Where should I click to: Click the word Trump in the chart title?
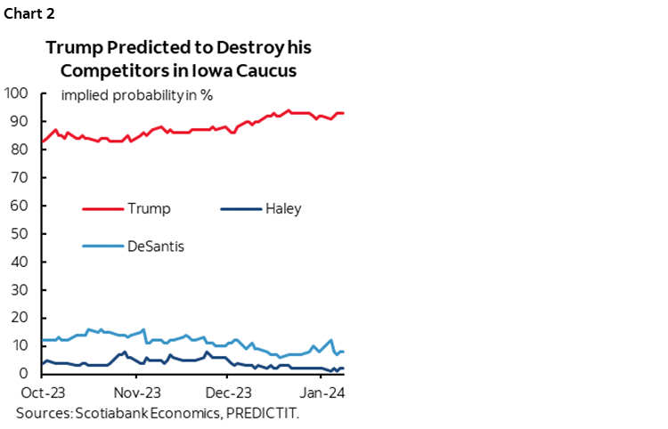point(77,48)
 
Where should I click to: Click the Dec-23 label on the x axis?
point(227,393)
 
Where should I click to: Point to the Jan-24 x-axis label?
point(320,393)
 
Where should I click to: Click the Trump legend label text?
point(149,209)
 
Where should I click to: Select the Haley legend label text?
point(282,209)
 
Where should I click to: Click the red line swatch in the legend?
point(102,209)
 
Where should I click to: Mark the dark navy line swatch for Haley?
point(239,209)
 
